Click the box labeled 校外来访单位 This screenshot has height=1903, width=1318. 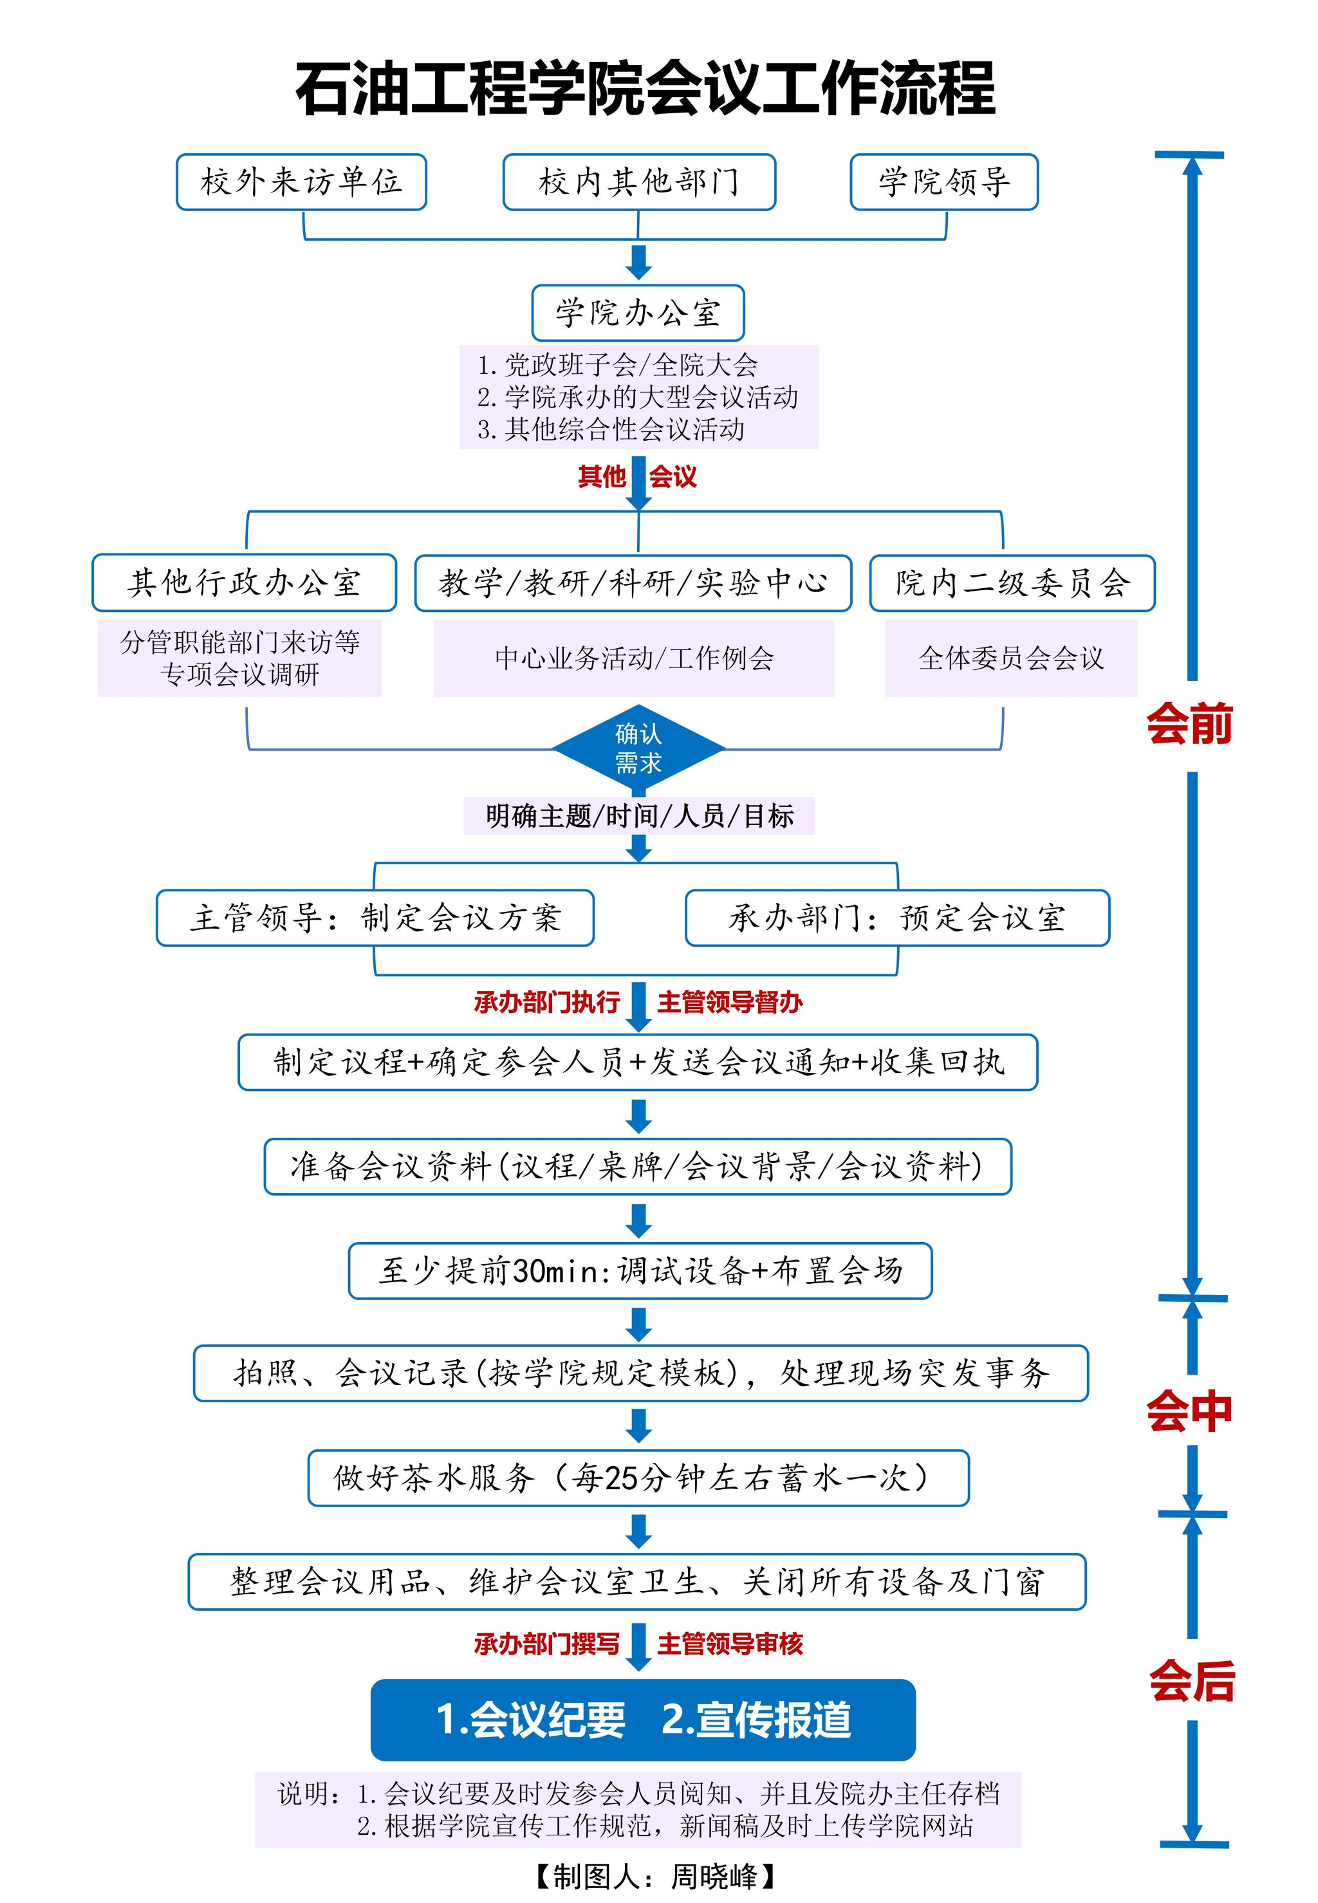tap(301, 181)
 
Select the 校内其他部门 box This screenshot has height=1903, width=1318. tap(639, 181)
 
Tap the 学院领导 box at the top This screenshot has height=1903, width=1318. tap(944, 181)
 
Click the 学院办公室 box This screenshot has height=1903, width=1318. tap(638, 313)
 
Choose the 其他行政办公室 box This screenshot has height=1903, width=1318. tap(244, 583)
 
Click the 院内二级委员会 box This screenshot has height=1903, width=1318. tap(1012, 583)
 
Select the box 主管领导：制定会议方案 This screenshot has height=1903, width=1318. tap(375, 917)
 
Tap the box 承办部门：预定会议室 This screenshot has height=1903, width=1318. tap(897, 917)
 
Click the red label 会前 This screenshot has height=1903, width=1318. tap(1189, 725)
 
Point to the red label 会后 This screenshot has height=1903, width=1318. tap(1192, 1680)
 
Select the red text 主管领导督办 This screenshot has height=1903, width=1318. tap(730, 1002)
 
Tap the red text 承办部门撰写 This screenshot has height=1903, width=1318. tap(546, 1644)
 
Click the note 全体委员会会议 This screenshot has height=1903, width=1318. tap(1011, 658)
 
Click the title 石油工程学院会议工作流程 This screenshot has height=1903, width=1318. tap(645, 88)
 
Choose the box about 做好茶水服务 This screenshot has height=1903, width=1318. tap(638, 1478)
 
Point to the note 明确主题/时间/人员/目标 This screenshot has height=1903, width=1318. tap(639, 815)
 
